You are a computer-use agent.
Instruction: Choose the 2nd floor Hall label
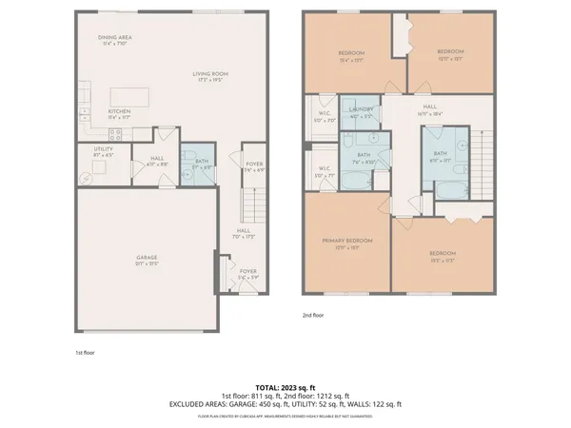429,109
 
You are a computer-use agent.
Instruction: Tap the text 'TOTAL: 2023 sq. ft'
285,386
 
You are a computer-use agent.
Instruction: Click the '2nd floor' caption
313,315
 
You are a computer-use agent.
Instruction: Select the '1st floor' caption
85,352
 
